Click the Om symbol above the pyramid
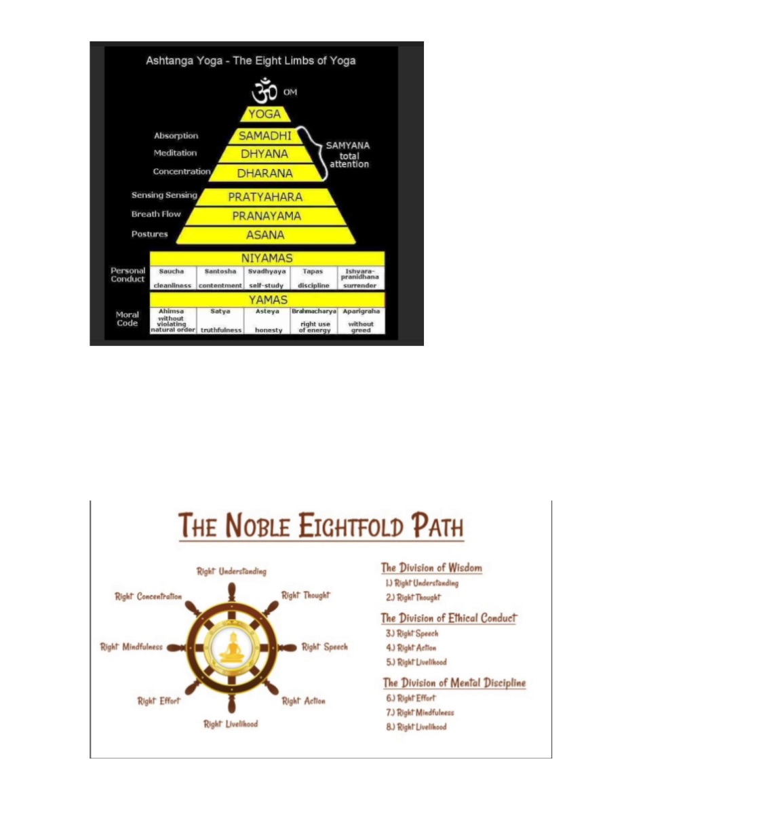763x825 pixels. (265, 91)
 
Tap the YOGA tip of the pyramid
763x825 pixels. (265, 114)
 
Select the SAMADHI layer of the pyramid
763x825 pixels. (265, 136)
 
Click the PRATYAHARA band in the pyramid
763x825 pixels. (265, 197)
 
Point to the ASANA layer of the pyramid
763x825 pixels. (265, 235)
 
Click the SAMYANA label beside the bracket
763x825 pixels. (348, 146)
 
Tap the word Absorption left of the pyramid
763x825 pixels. (176, 136)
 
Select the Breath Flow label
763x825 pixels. (156, 214)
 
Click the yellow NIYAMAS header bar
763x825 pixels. (267, 258)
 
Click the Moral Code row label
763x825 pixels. (127, 319)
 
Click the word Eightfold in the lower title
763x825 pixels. (351, 526)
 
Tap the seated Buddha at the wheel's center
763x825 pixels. (232, 648)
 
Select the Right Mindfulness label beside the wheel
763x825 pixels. (132, 647)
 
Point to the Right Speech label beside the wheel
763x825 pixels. (324, 647)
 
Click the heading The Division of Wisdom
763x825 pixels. (431, 568)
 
